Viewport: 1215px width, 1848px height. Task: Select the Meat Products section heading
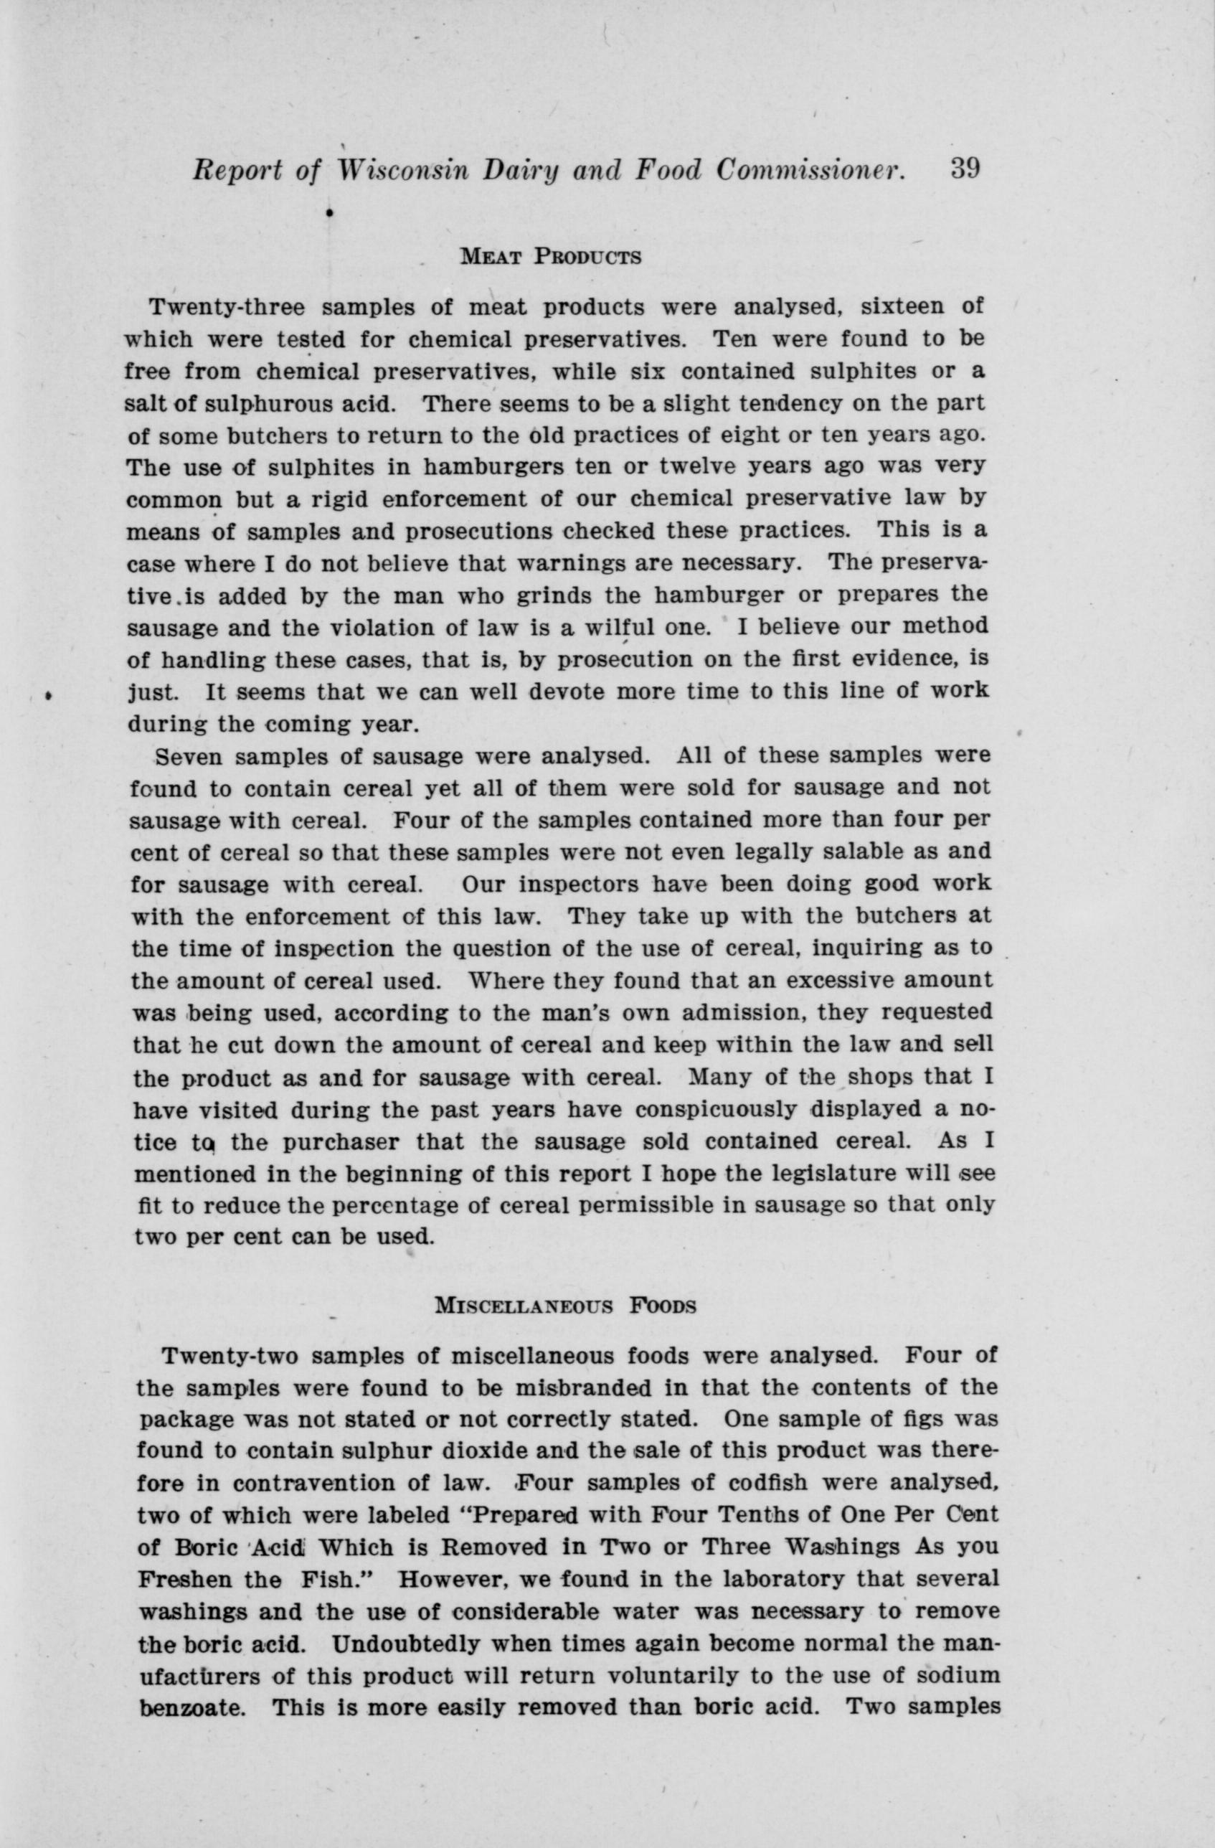550,257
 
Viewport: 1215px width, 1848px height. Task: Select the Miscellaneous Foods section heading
565,1305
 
